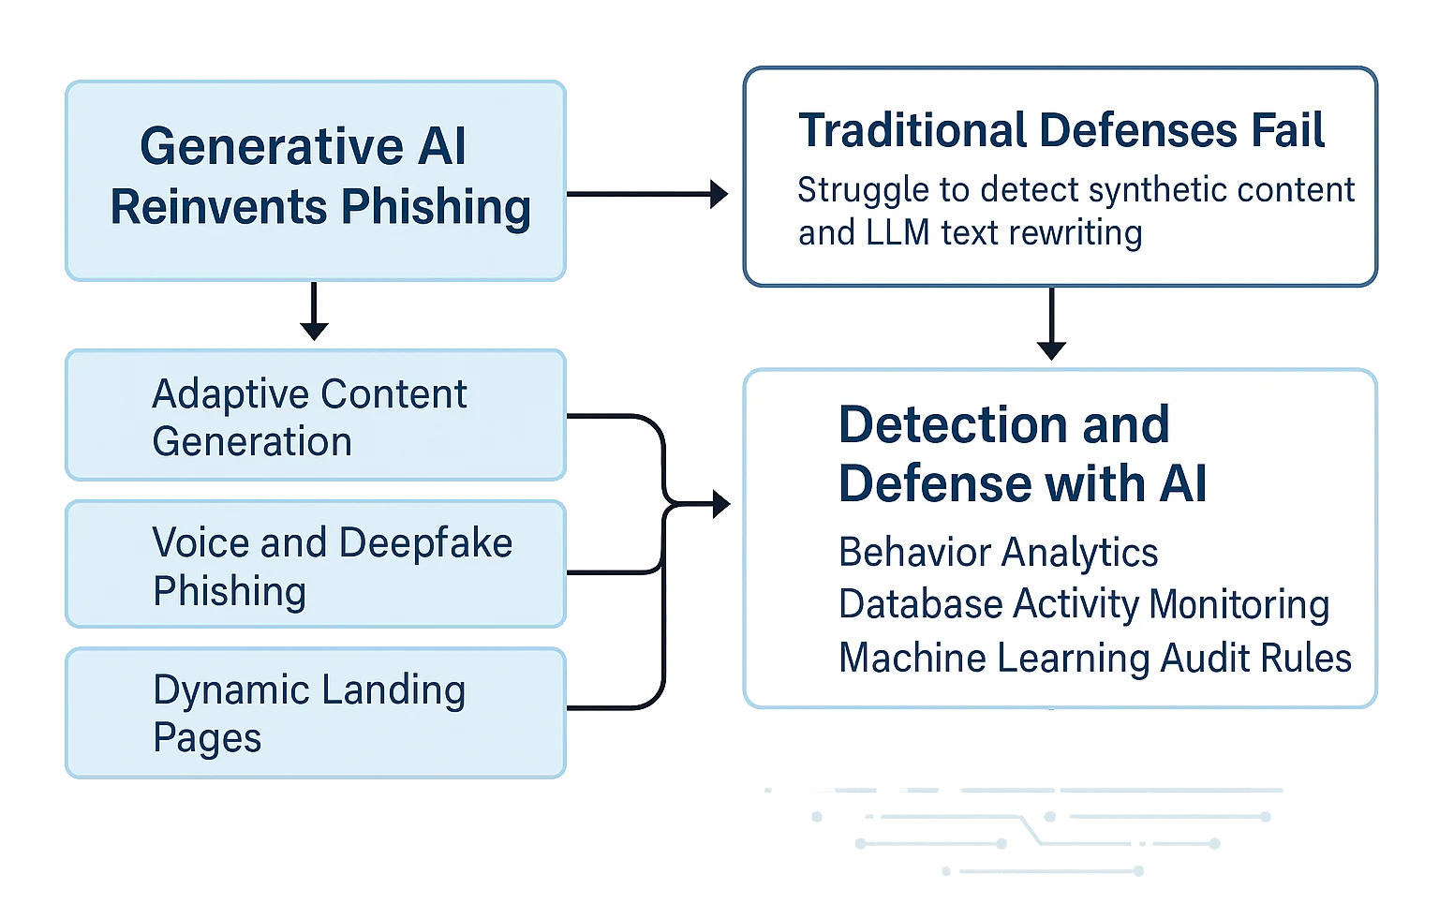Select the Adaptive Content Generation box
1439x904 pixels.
coord(314,417)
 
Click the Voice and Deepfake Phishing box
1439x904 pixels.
coord(314,566)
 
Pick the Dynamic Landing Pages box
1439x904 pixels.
coord(314,713)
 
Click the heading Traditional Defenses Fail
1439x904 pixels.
coord(1061,130)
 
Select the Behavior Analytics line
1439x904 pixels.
coord(998,553)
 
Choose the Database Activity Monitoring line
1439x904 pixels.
coord(1083,605)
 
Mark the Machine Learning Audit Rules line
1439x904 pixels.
coord(1094,658)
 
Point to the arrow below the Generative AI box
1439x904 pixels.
coord(314,313)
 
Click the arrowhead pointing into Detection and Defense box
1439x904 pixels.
coord(720,506)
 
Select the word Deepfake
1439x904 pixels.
coord(425,543)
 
